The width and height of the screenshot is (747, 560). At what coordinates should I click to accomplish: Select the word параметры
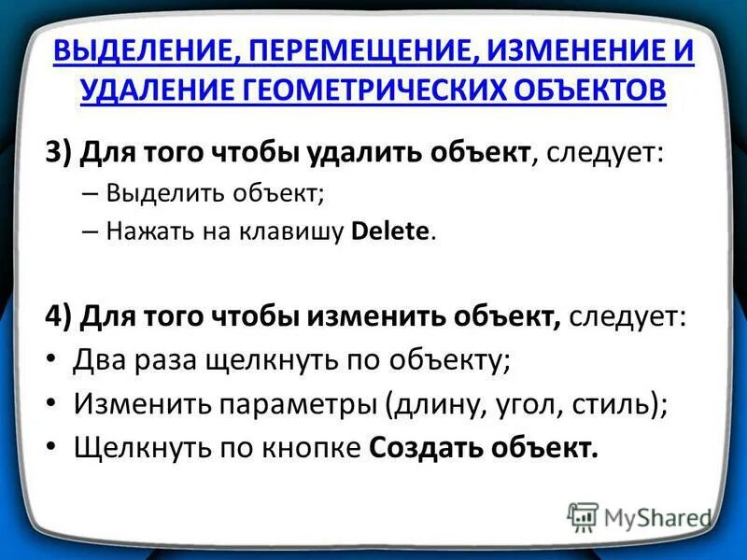(297, 405)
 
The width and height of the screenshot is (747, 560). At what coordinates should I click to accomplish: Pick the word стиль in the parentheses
(618, 404)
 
